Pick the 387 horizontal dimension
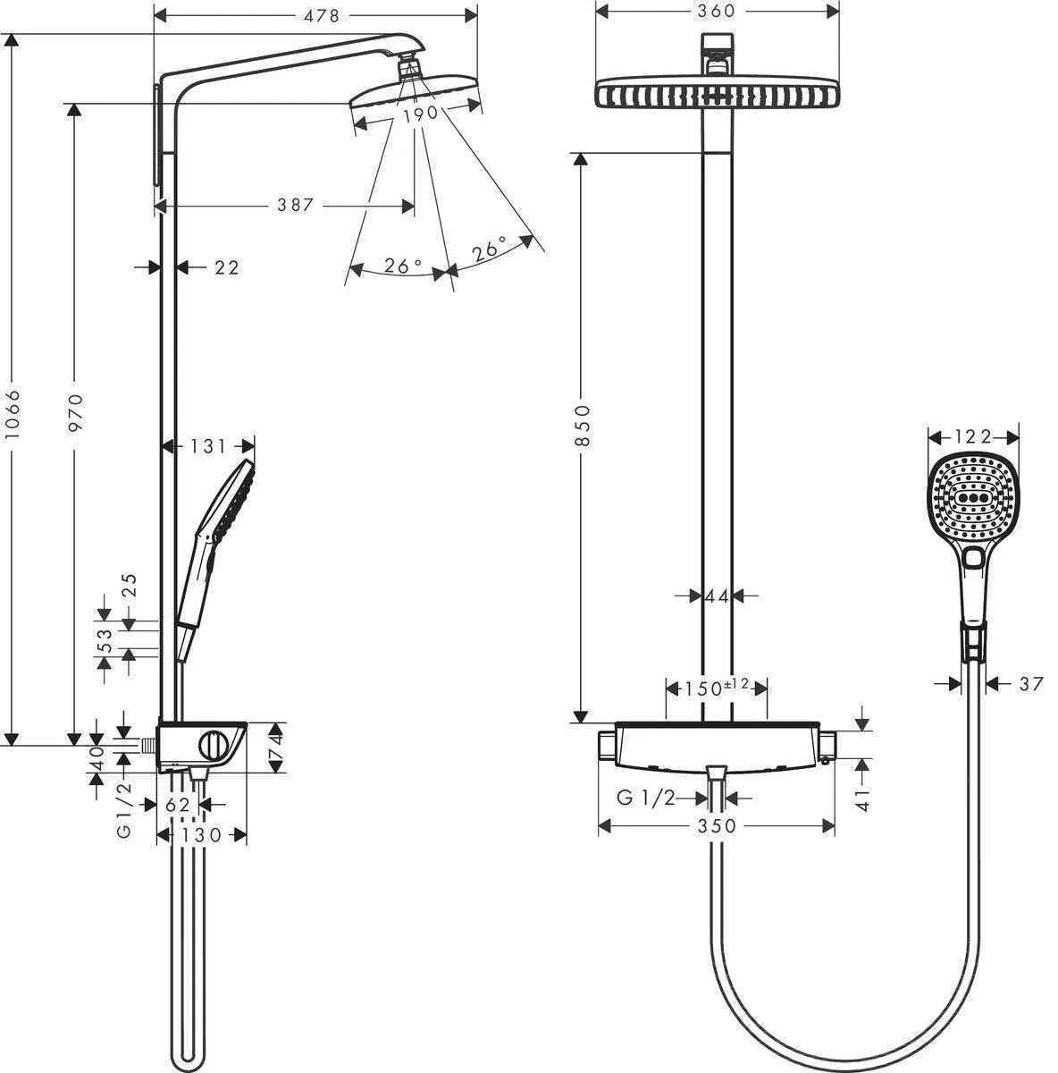[294, 206]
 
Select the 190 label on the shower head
[419, 114]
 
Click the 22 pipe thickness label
[227, 266]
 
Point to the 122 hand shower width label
[973, 436]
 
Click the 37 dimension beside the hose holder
[1030, 684]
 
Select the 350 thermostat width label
[716, 826]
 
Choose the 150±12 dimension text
[717, 688]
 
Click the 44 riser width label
[717, 596]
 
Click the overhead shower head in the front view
[717, 93]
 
